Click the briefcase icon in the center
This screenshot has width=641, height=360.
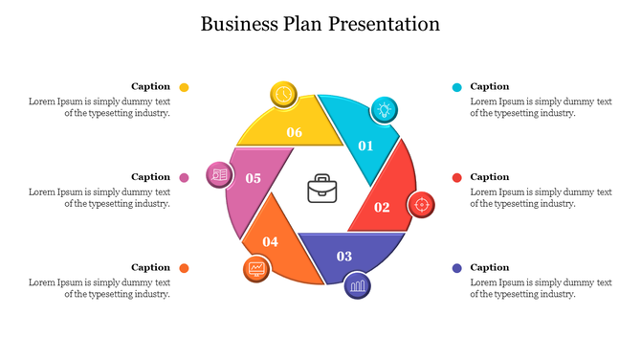(x=320, y=188)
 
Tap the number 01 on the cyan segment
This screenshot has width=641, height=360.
(x=365, y=146)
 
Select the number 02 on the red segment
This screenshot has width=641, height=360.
(x=382, y=207)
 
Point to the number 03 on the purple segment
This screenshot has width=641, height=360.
(x=343, y=256)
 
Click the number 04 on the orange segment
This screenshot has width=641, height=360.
(x=271, y=241)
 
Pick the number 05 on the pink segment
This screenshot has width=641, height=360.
(x=253, y=178)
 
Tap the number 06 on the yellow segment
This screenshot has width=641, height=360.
(x=295, y=132)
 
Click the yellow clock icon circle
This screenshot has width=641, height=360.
(x=283, y=94)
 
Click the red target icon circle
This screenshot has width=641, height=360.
(x=421, y=204)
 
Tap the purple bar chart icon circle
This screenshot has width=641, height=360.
(x=358, y=284)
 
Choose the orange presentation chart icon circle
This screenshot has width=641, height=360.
(x=256, y=269)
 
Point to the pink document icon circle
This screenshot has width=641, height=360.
(x=219, y=174)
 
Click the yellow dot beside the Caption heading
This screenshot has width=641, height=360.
(x=184, y=87)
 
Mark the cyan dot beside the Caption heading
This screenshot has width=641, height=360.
(x=457, y=87)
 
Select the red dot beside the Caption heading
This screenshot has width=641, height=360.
(x=457, y=177)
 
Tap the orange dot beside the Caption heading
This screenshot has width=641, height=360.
(x=184, y=268)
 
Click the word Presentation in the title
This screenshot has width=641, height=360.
(x=385, y=24)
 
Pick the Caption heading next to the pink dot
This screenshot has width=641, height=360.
(x=150, y=177)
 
